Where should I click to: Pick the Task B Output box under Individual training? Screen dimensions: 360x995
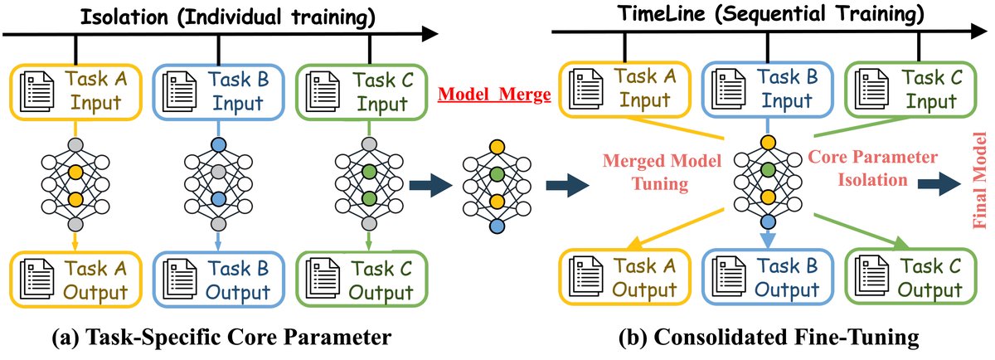point(216,280)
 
